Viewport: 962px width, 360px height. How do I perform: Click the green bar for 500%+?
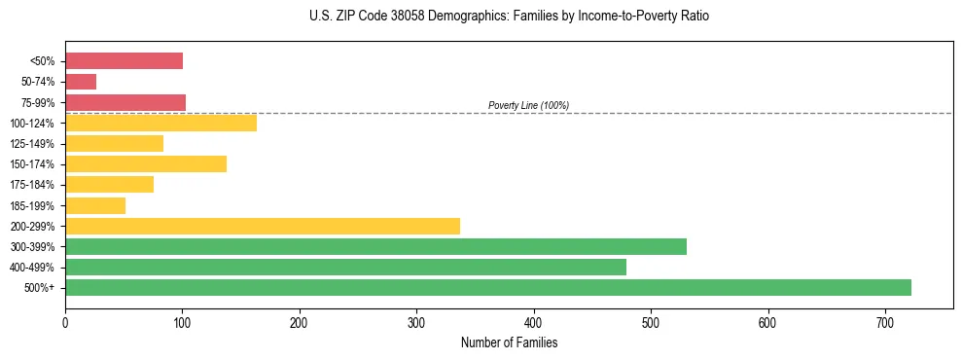click(487, 287)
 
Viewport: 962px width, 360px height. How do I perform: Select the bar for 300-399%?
click(375, 246)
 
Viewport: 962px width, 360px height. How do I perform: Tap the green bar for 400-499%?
click(345, 267)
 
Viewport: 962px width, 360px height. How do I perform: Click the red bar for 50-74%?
click(81, 82)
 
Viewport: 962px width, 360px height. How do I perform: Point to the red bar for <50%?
click(124, 61)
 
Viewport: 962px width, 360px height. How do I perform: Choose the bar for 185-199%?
click(95, 205)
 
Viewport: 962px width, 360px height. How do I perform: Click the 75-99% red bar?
click(125, 102)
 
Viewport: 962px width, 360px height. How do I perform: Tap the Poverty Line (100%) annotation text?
click(528, 105)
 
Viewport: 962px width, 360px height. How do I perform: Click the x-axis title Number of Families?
click(509, 342)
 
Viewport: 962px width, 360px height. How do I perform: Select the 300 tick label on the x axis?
click(416, 322)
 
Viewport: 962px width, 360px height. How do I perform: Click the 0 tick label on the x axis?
click(65, 322)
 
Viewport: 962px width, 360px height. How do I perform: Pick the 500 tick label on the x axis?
click(651, 322)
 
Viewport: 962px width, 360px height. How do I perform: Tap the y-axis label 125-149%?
click(32, 144)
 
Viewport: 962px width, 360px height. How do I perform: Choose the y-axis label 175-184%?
click(32, 185)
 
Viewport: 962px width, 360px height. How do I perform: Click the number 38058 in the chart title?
click(413, 17)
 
